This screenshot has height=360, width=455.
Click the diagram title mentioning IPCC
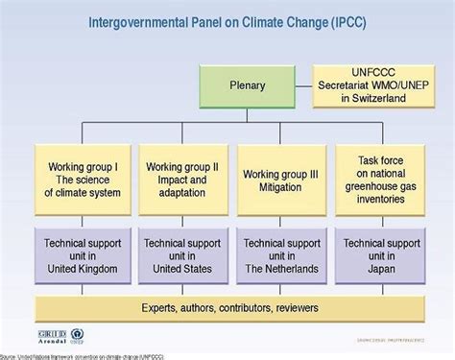227,20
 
